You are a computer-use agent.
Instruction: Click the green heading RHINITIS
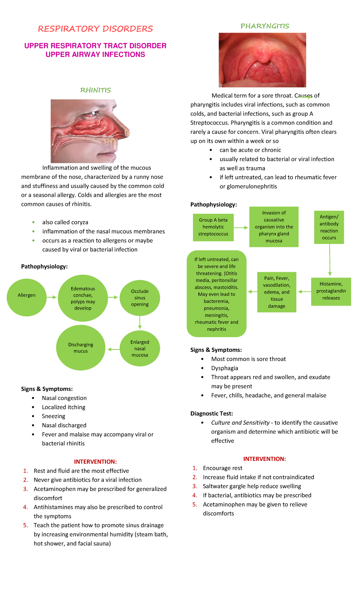pyautogui.click(x=95, y=90)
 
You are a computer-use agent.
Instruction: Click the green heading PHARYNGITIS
pyautogui.click(x=265, y=26)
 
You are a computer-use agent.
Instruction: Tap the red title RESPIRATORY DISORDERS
pyautogui.click(x=95, y=29)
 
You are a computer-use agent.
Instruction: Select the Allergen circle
pyautogui.click(x=27, y=297)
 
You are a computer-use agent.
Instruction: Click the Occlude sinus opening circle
pyautogui.click(x=140, y=298)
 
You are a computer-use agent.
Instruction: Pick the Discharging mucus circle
pyautogui.click(x=81, y=348)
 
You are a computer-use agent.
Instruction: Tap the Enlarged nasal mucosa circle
pyautogui.click(x=140, y=348)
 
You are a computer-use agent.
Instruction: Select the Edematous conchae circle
pyautogui.click(x=83, y=298)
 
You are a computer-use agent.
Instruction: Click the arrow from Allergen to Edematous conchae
pyautogui.click(x=52, y=297)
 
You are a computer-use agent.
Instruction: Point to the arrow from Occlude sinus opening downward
pyautogui.click(x=140, y=323)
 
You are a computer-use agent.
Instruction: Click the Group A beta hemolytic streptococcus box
pyautogui.click(x=213, y=227)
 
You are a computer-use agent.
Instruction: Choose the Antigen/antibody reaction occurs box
pyautogui.click(x=329, y=227)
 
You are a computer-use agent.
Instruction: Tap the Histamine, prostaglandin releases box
pyautogui.click(x=331, y=291)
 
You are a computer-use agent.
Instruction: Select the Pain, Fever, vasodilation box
pyautogui.click(x=277, y=292)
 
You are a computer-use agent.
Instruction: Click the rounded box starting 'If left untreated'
pyautogui.click(x=217, y=293)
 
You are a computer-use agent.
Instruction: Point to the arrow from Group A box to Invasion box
pyautogui.click(x=241, y=228)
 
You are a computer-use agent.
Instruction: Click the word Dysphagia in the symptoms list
pyautogui.click(x=225, y=368)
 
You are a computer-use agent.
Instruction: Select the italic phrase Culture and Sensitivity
pyautogui.click(x=240, y=423)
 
